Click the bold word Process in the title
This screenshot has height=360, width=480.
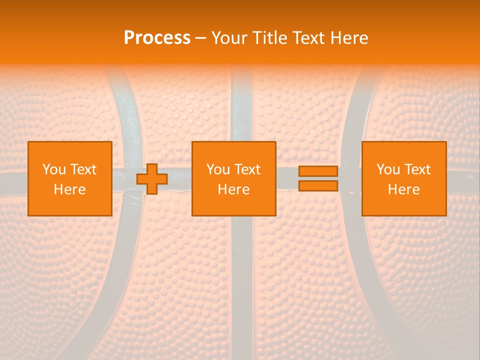coord(157,38)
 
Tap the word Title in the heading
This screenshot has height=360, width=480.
coord(268,38)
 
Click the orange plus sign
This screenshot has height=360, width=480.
coord(152,178)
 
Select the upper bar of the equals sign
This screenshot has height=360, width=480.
coord(318,171)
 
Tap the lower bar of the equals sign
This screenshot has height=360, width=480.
coord(318,185)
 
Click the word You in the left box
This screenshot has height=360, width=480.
coord(54,169)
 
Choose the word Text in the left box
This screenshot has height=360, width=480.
coord(83,169)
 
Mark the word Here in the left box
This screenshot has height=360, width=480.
coord(69,189)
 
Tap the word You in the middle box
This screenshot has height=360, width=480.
coord(218,169)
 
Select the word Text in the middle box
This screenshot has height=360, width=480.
coord(247,169)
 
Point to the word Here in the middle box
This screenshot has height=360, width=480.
coord(233,189)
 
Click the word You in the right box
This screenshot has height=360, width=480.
coord(388,169)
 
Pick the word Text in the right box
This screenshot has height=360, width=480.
coord(417,169)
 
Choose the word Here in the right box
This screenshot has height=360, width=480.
coord(403,189)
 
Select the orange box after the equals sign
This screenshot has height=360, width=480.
coord(404,205)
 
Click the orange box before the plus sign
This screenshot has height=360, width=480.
coord(70,205)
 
